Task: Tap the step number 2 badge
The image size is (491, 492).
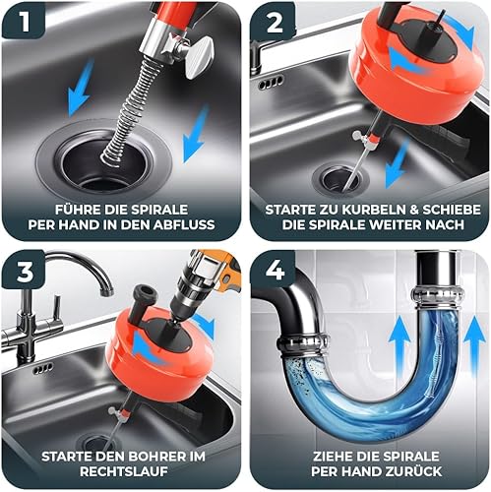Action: (x=275, y=23)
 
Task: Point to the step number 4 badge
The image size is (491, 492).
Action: (x=275, y=272)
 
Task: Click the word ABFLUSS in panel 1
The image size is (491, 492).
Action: (x=184, y=224)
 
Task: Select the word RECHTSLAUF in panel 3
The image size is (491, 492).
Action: (x=124, y=471)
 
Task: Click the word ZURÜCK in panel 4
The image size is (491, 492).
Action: (x=410, y=471)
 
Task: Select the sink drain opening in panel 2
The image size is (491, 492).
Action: (x=340, y=180)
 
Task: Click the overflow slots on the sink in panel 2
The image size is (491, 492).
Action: (x=271, y=83)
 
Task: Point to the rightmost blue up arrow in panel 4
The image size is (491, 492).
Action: (x=474, y=349)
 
